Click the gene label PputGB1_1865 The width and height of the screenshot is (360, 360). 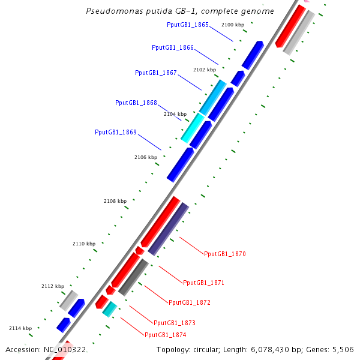188,25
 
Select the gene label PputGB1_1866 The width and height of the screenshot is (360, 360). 173,47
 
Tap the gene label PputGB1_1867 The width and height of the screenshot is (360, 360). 156,73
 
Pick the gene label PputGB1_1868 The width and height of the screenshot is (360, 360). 136,103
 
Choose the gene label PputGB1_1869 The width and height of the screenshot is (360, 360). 116,132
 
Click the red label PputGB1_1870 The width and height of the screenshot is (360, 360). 225,254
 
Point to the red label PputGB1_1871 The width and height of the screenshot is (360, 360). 204,282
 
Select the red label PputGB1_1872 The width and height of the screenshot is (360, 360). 190,302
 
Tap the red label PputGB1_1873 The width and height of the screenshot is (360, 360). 175,323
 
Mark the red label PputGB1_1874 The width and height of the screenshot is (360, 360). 166,334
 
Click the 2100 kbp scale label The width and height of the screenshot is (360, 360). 233,25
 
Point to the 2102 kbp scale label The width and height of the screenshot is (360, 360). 205,70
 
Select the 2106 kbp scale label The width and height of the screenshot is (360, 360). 146,157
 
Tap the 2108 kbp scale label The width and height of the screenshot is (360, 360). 115,201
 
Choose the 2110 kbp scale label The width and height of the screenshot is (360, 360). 84,244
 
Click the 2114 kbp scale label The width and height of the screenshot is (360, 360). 20,328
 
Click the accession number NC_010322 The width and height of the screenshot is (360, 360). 64,349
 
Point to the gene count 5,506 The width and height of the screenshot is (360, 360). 343,349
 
